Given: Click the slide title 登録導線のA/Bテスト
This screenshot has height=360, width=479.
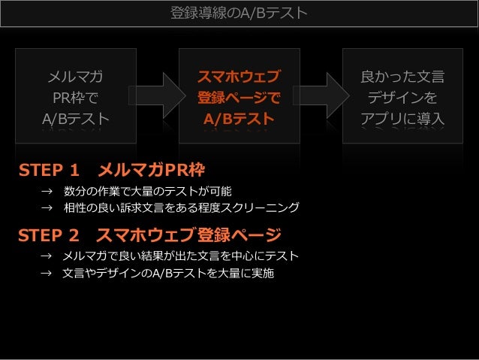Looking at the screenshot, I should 239,13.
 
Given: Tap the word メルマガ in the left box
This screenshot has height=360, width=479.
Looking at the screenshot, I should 76,77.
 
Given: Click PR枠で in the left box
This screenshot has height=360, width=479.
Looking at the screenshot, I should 76,98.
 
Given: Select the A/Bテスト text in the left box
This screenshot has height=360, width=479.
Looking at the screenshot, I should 76,119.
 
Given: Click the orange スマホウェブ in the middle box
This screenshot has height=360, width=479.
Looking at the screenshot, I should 239,77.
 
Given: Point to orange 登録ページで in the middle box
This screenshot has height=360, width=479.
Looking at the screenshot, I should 239,98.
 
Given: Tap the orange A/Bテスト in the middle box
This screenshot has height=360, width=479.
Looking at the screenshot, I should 239,119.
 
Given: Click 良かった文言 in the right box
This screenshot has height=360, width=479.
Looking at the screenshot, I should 402,77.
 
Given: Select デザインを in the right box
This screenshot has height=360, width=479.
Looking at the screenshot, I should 402,98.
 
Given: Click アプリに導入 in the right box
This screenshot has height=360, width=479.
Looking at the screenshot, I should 402,119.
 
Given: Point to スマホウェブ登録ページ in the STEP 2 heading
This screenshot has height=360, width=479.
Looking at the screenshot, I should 188,235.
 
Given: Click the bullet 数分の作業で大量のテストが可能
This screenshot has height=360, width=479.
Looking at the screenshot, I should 147,191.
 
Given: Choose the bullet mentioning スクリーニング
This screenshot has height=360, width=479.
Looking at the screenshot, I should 181,207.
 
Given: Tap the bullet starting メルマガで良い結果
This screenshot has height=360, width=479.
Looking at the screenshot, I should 180,257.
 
